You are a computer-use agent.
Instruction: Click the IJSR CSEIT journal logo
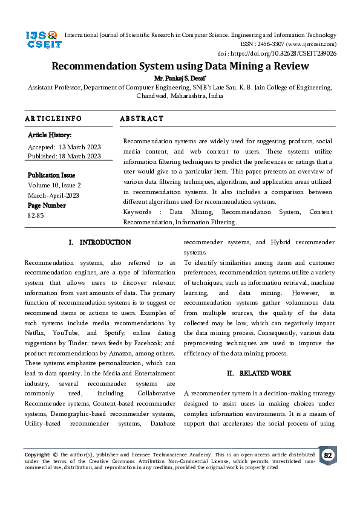pyautogui.click(x=42, y=41)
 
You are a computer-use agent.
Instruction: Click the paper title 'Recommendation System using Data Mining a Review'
pyautogui.click(x=180, y=67)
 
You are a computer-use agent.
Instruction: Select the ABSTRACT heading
pyautogui.click(x=142, y=118)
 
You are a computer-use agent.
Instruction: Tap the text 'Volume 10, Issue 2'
pyautogui.click(x=54, y=185)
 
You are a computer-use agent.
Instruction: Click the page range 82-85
pyautogui.click(x=36, y=215)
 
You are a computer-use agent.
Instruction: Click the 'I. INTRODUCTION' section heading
pyautogui.click(x=100, y=242)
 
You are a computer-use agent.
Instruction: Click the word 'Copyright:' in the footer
pyautogui.click(x=38, y=454)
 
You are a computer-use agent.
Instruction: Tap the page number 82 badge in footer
pyautogui.click(x=327, y=455)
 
